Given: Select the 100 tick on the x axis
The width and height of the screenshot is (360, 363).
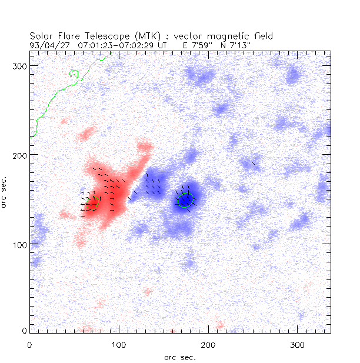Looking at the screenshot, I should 119,343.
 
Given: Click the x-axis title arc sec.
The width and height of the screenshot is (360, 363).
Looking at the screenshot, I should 180,357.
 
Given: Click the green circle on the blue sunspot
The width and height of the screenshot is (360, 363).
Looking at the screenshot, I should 185,201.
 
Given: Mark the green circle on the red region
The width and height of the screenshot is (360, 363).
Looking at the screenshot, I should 92,203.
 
